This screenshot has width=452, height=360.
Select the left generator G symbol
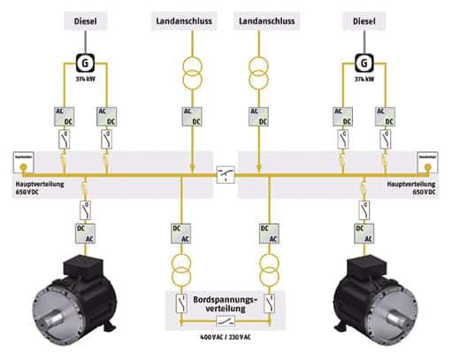point(86,63)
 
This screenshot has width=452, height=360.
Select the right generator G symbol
point(364,63)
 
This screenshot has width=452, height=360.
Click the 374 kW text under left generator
point(84,80)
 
